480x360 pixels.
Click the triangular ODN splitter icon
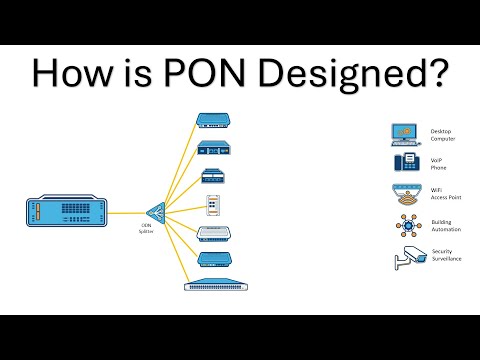tap(154, 212)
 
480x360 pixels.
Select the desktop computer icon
tap(404, 134)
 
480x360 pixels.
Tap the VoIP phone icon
tap(404, 164)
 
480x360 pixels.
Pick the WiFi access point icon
tap(404, 194)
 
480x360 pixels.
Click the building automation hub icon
tap(404, 225)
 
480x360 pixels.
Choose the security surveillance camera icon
tap(404, 257)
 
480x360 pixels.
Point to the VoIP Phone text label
tap(440, 165)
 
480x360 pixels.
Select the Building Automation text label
tap(442, 226)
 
